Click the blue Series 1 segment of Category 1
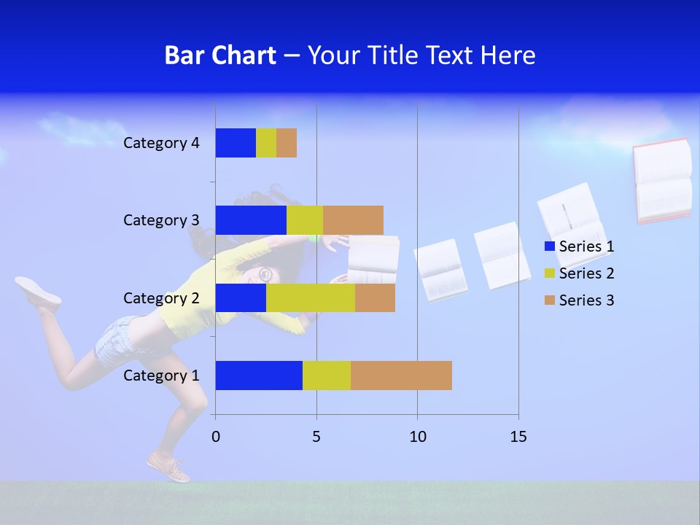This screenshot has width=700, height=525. tap(259, 376)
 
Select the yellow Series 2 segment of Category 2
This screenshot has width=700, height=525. tap(311, 297)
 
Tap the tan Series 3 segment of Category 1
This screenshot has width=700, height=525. tap(401, 376)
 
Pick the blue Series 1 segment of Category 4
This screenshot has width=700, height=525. tap(236, 143)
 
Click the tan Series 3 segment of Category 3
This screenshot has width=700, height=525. tap(353, 220)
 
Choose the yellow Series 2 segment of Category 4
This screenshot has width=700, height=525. tap(266, 143)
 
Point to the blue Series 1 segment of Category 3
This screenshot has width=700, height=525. tap(251, 220)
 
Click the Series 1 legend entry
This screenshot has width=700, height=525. tap(580, 246)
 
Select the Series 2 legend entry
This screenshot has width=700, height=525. tap(580, 273)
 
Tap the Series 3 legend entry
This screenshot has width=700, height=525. tap(580, 300)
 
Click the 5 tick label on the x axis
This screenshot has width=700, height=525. tap(316, 437)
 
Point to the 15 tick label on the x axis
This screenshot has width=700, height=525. tap(518, 437)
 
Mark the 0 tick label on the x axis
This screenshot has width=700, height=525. tap(216, 437)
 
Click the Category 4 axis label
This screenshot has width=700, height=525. tap(161, 143)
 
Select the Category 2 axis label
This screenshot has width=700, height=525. tap(161, 297)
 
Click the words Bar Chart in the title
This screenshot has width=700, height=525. tap(220, 55)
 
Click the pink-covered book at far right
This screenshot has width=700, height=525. tap(662, 180)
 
